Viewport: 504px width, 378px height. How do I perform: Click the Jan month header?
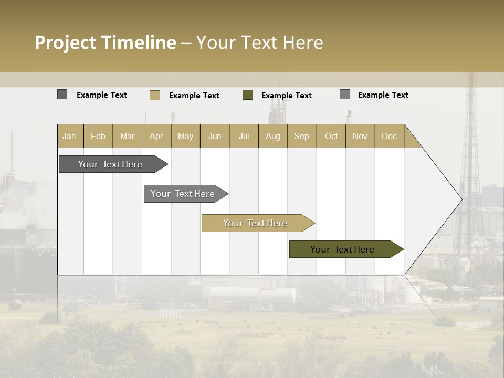click(70, 136)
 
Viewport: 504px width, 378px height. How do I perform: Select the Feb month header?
click(98, 136)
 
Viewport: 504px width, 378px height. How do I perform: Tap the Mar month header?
click(127, 136)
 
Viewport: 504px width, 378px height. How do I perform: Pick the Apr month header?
click(156, 136)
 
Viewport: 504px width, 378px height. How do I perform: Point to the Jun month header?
click(215, 136)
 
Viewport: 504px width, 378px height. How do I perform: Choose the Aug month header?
click(273, 136)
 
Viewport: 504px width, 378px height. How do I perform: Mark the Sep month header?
click(302, 136)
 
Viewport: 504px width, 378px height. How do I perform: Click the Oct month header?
click(331, 136)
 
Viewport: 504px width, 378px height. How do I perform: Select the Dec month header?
click(390, 136)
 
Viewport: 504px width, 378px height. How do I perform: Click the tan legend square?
click(155, 95)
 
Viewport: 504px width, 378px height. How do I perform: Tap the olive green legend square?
click(248, 94)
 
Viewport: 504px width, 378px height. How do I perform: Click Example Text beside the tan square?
click(194, 96)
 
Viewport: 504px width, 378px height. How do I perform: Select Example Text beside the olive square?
click(287, 96)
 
